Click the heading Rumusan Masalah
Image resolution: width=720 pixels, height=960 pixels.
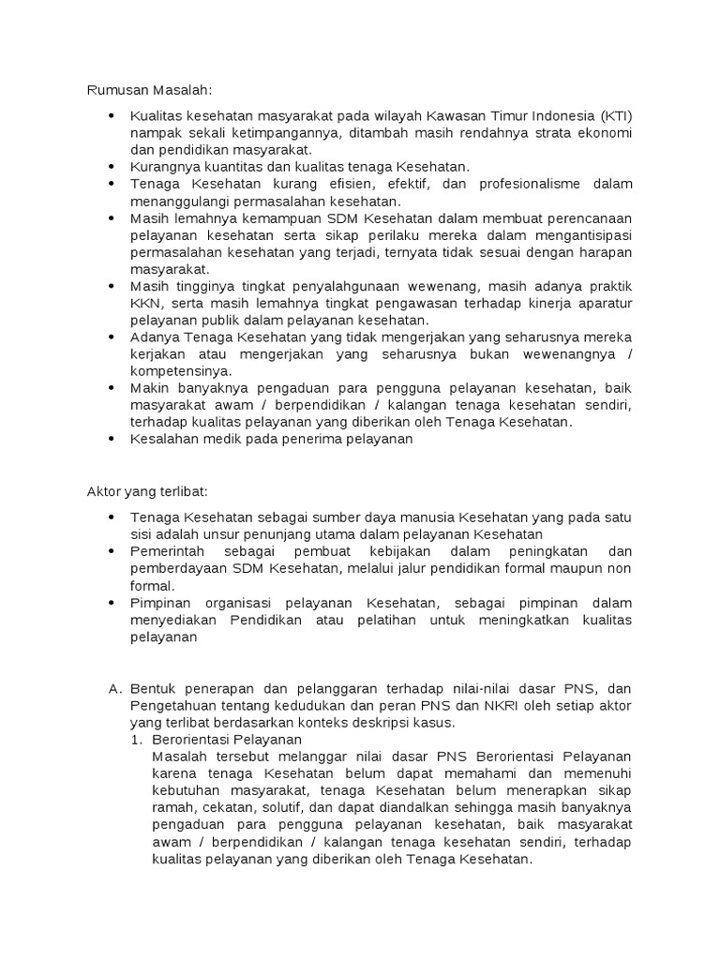150,90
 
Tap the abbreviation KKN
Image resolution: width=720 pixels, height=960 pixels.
144,304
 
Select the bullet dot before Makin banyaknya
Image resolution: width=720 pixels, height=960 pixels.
112,389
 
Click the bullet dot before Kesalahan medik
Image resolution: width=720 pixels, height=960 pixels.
112,438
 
